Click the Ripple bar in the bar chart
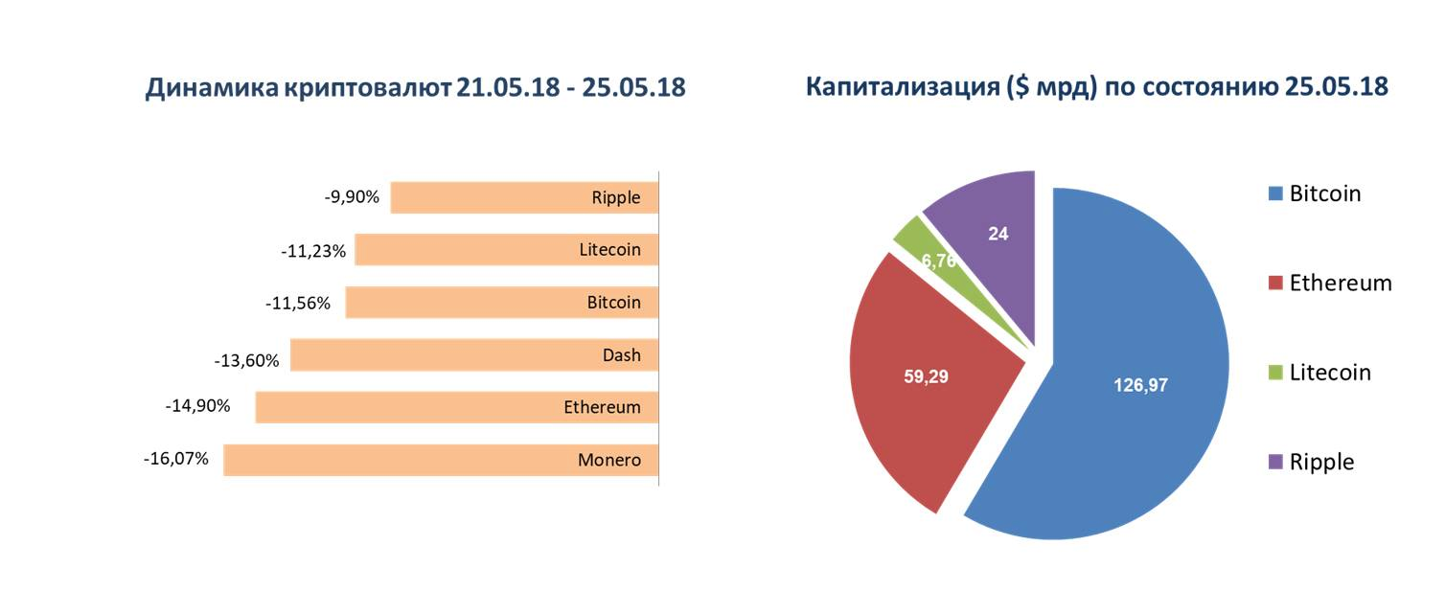click(524, 197)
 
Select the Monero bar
click(441, 460)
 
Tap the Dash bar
click(474, 354)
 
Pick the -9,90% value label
click(352, 196)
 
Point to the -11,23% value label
click(313, 251)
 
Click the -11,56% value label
click(298, 304)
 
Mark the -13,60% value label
click(246, 360)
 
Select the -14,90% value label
click(197, 406)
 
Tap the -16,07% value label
click(175, 459)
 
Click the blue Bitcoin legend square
click(1275, 193)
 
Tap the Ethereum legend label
click(1341, 284)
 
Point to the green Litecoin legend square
click(1275, 373)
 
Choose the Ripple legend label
click(1321, 463)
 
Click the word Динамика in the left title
click(212, 88)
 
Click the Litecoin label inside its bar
click(609, 250)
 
